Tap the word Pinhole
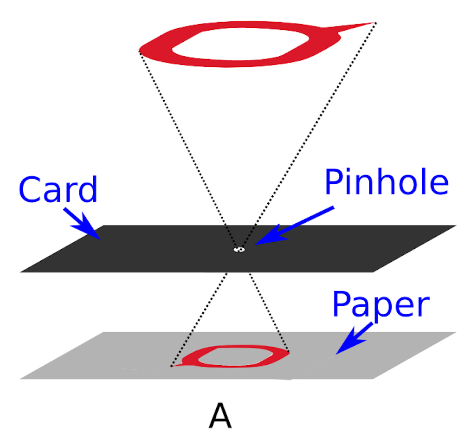point(386,182)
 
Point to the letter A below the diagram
point(220,416)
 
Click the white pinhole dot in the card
point(239,250)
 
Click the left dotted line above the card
point(186,148)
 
